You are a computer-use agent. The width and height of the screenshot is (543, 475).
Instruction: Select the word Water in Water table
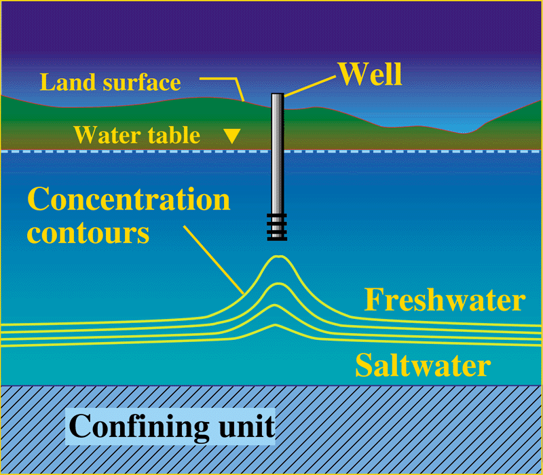pos(107,135)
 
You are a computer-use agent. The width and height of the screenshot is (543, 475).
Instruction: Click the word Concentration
pos(128,200)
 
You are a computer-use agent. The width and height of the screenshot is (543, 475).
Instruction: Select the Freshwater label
pos(445,300)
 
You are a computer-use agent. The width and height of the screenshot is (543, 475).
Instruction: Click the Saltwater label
pos(422,366)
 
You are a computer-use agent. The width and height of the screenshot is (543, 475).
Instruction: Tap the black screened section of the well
pos(277,227)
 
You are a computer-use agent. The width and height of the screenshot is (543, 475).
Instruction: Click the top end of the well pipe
pos(277,94)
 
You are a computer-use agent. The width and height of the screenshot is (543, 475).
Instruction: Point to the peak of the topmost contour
pos(277,256)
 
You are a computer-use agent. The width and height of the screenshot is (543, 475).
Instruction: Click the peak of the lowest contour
pos(276,324)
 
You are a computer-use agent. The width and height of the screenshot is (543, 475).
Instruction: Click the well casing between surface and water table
pos(277,126)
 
